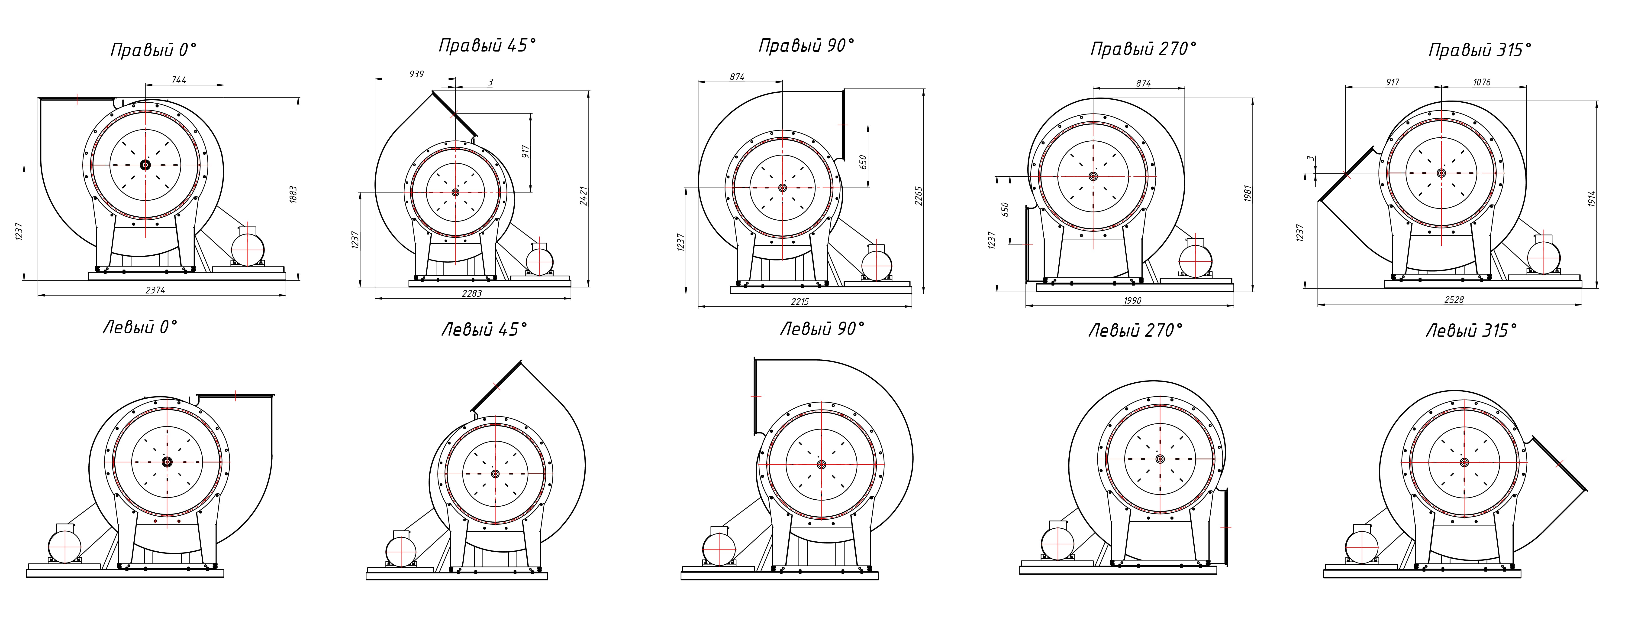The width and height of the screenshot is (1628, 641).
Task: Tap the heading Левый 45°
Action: tap(484, 329)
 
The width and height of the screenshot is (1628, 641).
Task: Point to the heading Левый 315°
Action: tap(1471, 331)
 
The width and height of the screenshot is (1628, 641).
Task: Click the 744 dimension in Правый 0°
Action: tap(179, 80)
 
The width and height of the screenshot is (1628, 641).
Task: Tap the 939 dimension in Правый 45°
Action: tap(416, 74)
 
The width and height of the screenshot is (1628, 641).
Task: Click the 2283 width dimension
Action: tap(471, 293)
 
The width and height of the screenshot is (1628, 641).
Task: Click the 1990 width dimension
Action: tap(1132, 300)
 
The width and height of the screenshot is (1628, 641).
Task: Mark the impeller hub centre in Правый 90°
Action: tap(782, 188)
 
